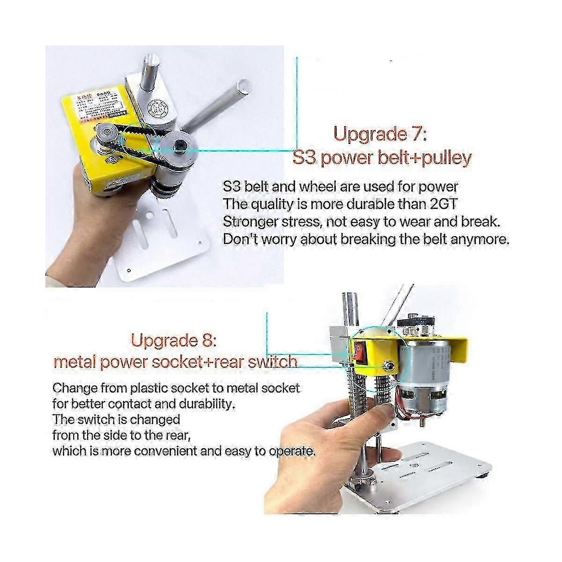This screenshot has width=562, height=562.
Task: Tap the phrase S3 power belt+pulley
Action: [382, 157]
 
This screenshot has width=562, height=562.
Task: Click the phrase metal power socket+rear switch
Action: [176, 362]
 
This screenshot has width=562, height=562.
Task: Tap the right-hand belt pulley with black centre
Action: [180, 147]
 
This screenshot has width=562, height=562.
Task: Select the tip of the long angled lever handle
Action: [244, 86]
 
